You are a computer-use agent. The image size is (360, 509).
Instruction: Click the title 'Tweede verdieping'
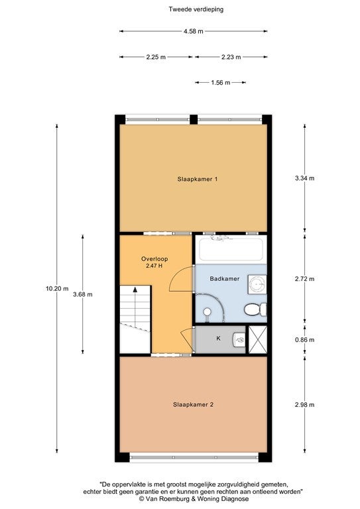pyautogui.click(x=196, y=9)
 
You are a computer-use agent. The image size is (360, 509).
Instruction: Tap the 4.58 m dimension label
pyautogui.click(x=193, y=32)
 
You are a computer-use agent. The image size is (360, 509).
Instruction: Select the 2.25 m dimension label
pyautogui.click(x=156, y=57)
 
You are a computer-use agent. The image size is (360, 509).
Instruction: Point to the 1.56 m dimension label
pyautogui.click(x=220, y=83)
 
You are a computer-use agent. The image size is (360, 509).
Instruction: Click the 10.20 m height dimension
pyautogui.click(x=57, y=288)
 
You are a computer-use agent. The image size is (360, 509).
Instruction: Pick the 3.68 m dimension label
pyautogui.click(x=83, y=294)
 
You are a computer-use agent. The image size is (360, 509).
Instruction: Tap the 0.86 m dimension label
pyautogui.click(x=304, y=340)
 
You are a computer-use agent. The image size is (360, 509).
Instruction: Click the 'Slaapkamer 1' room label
pyautogui.click(x=198, y=179)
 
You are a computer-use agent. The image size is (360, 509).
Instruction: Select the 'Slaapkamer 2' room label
pyautogui.click(x=193, y=404)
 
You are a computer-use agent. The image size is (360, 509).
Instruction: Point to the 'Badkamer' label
pyautogui.click(x=225, y=278)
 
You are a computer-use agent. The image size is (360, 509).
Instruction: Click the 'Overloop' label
pyautogui.click(x=154, y=258)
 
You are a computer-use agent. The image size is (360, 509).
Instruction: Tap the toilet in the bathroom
pyautogui.click(x=255, y=310)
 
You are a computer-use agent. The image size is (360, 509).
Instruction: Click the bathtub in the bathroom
pyautogui.click(x=231, y=249)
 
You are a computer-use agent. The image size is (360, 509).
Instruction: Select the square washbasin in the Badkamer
pyautogui.click(x=257, y=284)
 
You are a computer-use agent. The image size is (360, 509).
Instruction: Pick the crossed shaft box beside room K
pyautogui.click(x=258, y=339)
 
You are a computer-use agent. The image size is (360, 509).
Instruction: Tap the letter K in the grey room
pyautogui.click(x=219, y=338)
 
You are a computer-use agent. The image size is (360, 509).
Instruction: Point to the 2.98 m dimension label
pyautogui.click(x=304, y=405)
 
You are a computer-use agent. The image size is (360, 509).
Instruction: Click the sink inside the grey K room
pyautogui.click(x=239, y=339)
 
